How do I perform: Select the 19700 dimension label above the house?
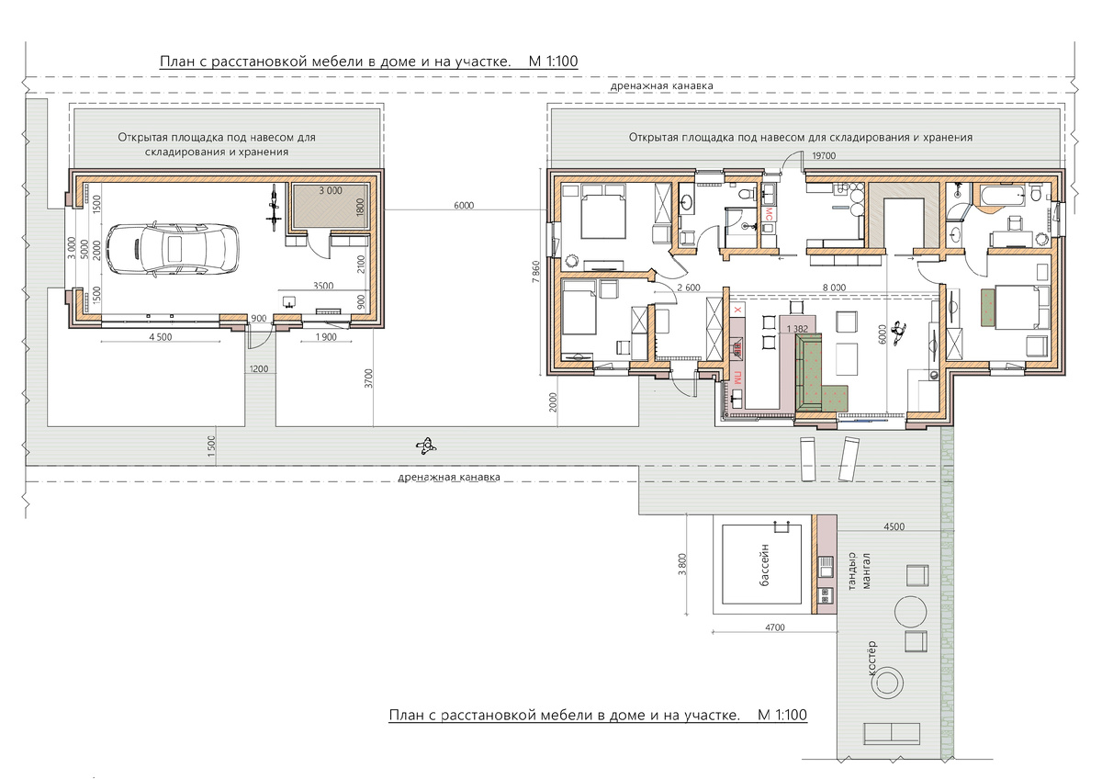824,156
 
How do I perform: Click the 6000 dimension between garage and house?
464,205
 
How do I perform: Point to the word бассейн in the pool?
764,564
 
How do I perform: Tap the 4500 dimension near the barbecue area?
894,526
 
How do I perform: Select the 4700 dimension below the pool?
775,627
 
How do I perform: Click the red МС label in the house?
768,215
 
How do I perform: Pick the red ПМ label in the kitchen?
737,378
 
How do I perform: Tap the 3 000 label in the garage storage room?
330,190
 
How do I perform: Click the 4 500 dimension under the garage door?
161,337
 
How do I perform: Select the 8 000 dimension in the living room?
834,288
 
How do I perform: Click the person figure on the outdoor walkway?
426,446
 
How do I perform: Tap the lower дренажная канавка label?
449,477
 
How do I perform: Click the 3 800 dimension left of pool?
680,564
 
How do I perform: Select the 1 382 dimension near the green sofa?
797,329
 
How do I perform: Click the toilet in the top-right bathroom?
1036,194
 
